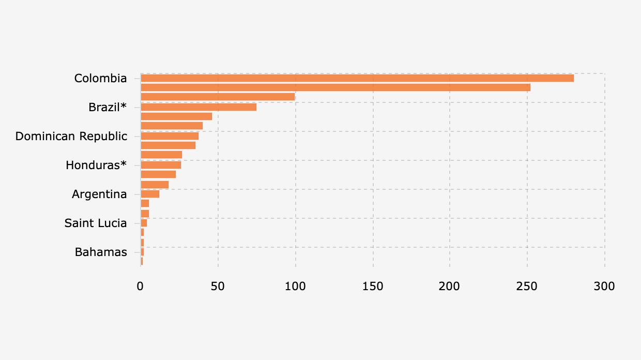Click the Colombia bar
coord(357,78)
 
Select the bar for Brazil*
coord(199,107)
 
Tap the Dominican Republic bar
coord(170,136)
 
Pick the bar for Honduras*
coord(161,165)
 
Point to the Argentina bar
coord(150,194)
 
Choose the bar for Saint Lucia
coord(144,223)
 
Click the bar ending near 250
coord(335,87)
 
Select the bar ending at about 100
coord(218,97)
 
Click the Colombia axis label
coord(100,78)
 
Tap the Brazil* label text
coord(108,107)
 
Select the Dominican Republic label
coord(71,136)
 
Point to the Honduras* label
coord(96,165)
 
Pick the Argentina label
coord(99,194)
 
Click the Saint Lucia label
coord(96,223)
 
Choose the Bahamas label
coord(101,252)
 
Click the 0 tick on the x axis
coord(140,286)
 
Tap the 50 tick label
coord(218,286)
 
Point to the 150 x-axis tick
coord(373,286)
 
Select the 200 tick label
coord(450,286)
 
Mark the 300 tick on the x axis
coord(604,286)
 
